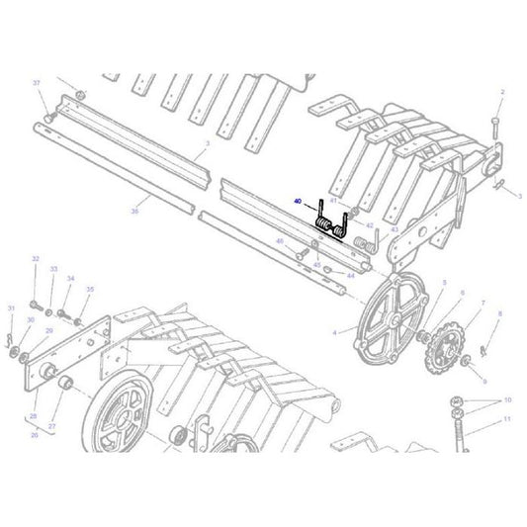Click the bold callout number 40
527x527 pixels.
[298, 201]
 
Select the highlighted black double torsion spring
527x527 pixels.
[330, 225]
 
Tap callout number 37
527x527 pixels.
[37, 82]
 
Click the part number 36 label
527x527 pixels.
[134, 211]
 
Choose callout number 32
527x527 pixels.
[36, 259]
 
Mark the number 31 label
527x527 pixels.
[11, 308]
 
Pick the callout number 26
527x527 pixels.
[34, 434]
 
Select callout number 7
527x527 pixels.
[483, 303]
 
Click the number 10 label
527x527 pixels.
[508, 399]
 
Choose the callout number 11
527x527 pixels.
[508, 419]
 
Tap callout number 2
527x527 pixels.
[502, 92]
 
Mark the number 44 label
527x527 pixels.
[350, 275]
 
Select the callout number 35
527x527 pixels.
[89, 289]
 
